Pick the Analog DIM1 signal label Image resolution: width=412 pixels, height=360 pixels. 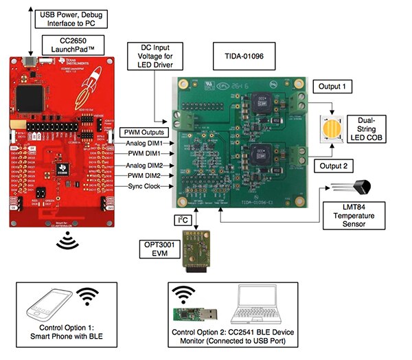145,142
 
